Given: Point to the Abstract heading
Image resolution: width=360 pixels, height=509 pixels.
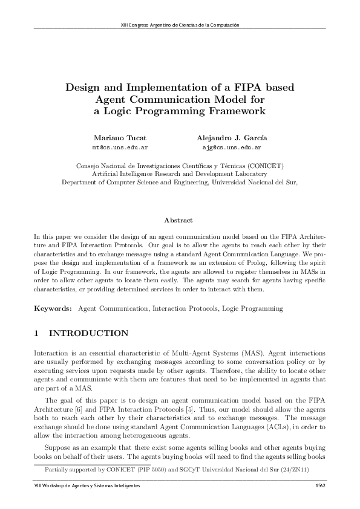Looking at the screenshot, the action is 179,221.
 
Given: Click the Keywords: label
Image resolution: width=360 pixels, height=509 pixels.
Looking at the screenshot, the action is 53,308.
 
